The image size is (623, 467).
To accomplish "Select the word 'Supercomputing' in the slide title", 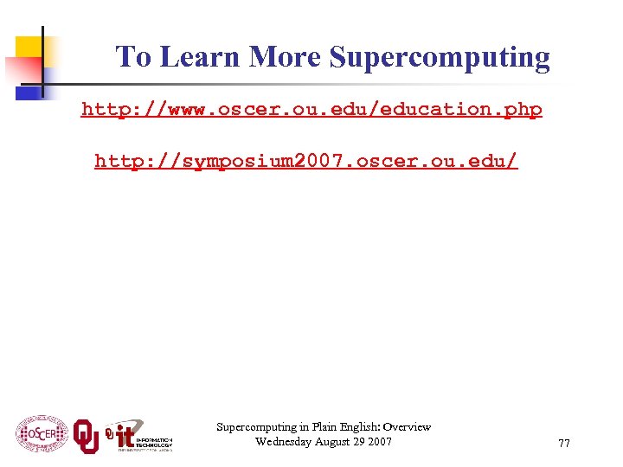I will (x=440, y=58).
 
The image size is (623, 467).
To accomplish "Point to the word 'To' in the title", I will (x=134, y=57).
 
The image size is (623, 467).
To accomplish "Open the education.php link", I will (x=311, y=109).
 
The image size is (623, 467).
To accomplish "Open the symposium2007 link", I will (x=306, y=160).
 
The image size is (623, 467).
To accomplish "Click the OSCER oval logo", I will (x=42, y=433).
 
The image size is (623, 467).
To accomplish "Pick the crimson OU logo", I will (x=86, y=435).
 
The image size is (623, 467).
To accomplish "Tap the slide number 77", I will (x=564, y=444).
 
